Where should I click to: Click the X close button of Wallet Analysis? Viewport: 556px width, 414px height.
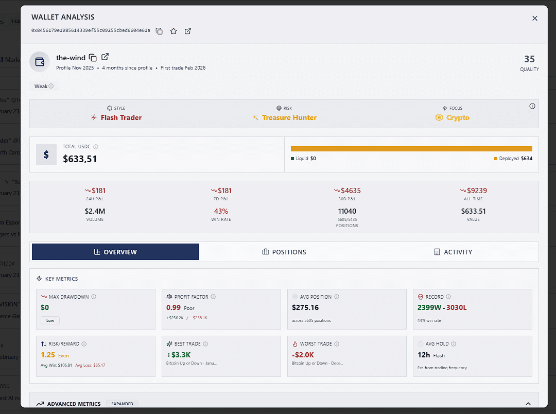534,19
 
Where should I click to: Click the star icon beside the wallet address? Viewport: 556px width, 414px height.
173,31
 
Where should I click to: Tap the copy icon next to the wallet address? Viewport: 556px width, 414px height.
159,31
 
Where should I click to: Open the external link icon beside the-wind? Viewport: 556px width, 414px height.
105,57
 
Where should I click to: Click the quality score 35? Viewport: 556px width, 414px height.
529,59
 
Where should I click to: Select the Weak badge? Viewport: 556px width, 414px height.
44,86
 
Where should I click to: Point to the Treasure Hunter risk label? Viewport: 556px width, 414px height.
289,117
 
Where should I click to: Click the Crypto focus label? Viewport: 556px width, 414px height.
457,117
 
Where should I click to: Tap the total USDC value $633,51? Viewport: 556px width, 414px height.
80,159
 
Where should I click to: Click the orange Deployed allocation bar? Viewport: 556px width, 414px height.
411,149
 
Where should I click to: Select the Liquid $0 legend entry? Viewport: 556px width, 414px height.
303,159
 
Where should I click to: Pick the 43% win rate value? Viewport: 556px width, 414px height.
221,211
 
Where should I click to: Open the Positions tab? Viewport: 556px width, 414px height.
284,252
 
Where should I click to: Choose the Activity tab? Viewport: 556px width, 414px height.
453,252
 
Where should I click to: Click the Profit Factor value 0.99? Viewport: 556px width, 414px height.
173,307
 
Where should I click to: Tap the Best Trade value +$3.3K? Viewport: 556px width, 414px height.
179,355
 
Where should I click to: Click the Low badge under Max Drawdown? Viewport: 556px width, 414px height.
50,320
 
